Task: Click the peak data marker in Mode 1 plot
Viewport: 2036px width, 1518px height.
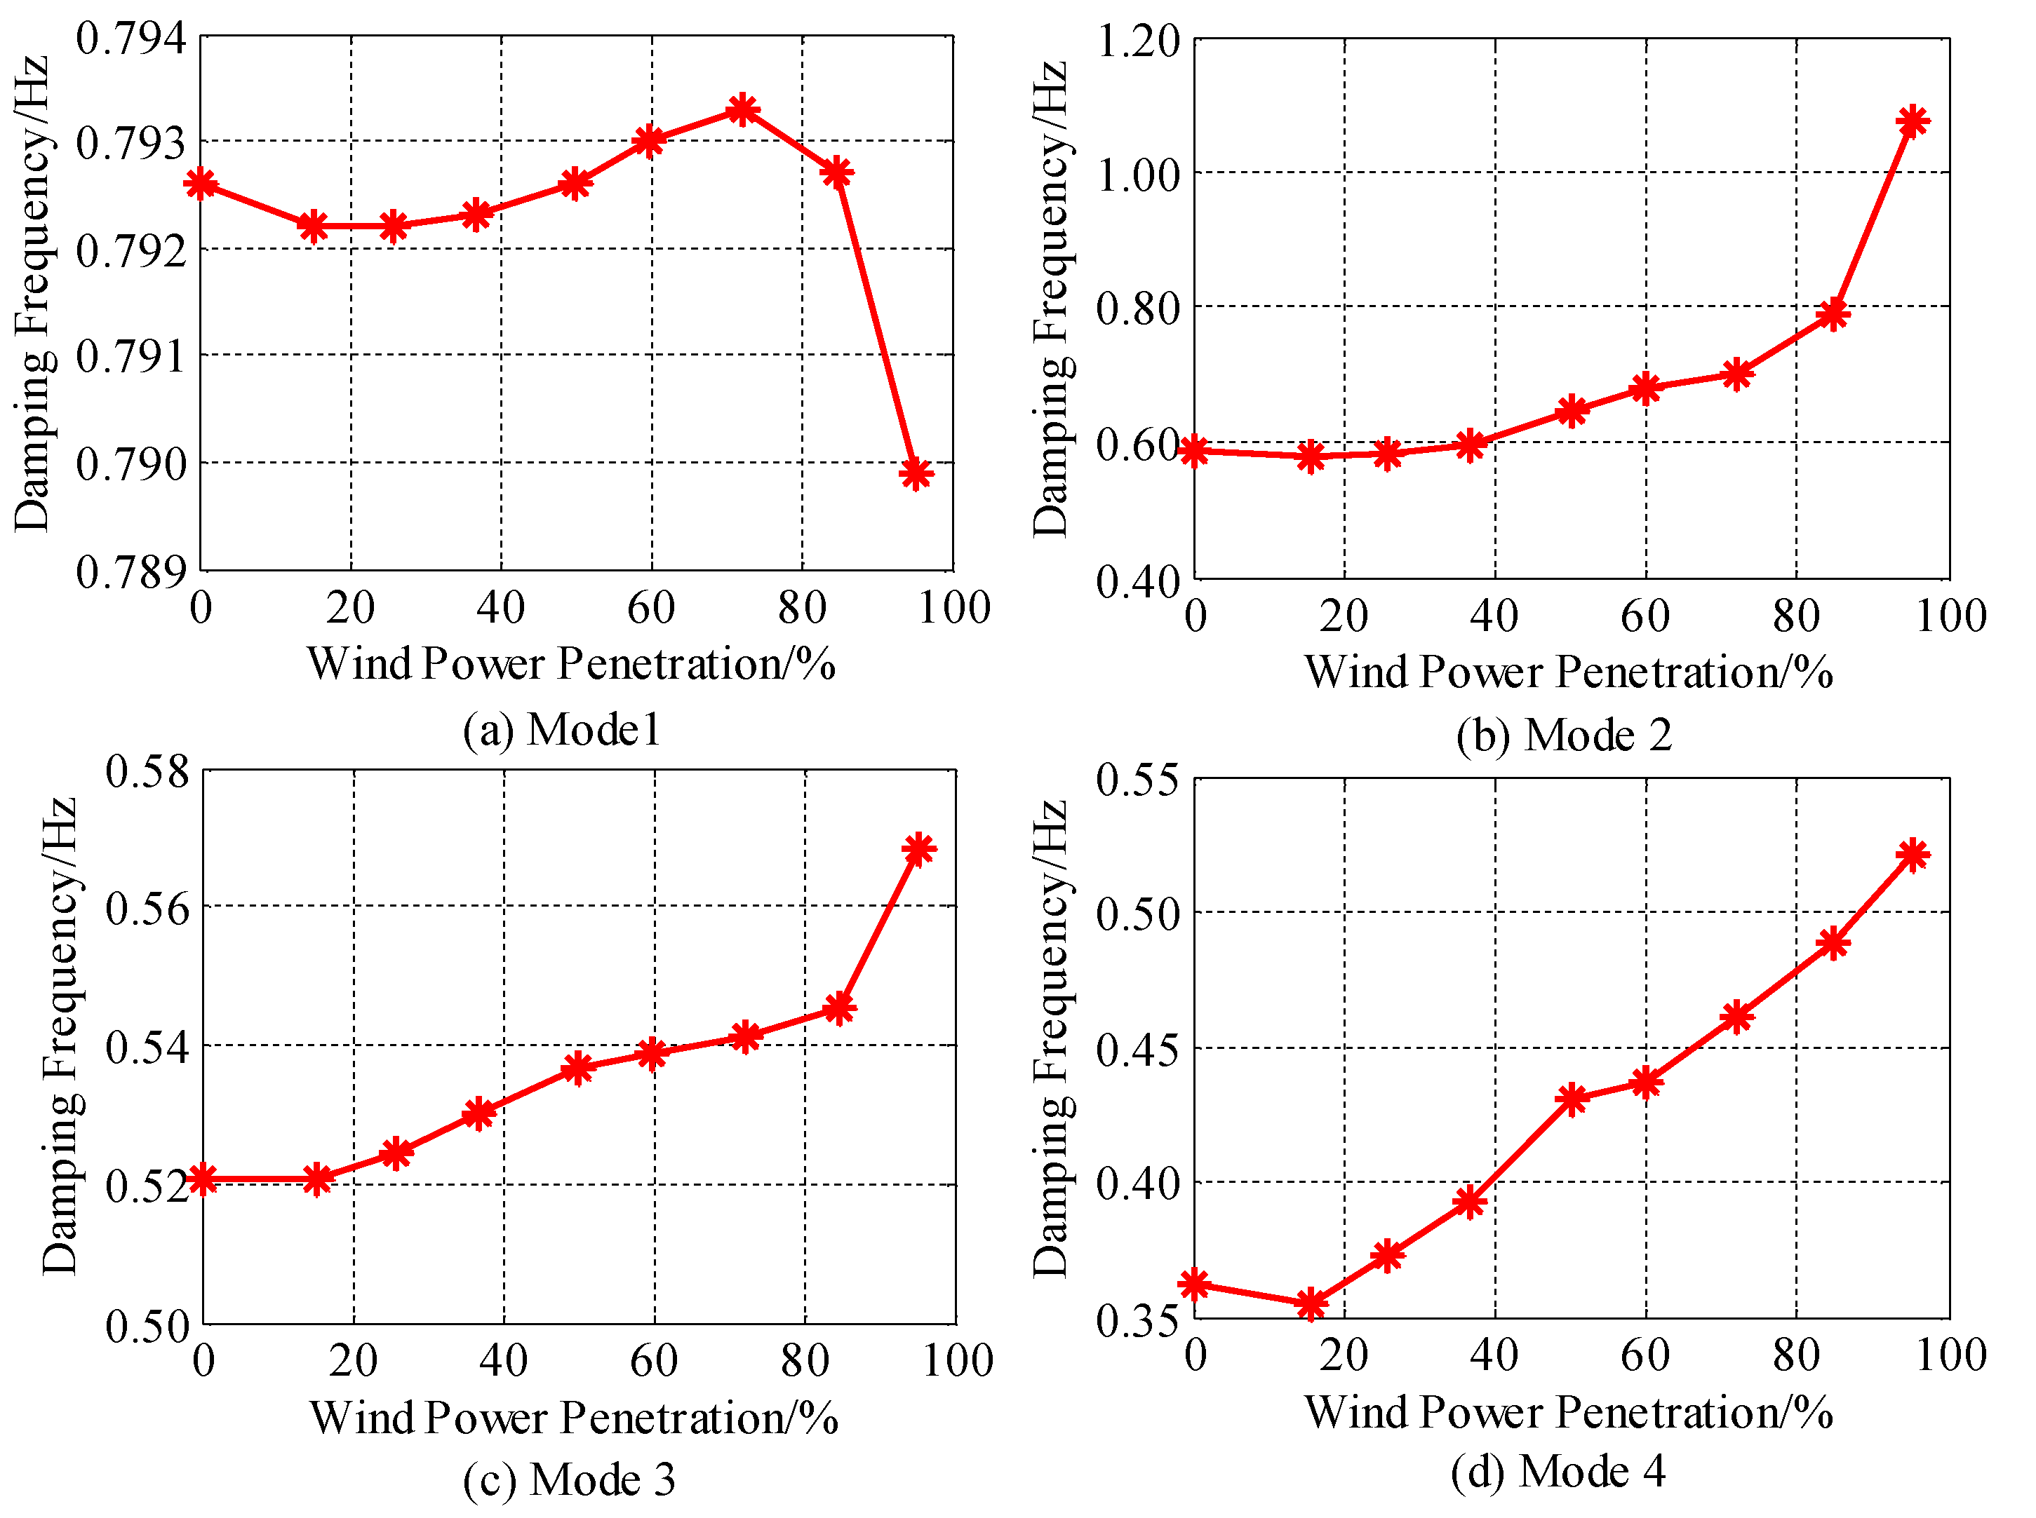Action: tap(742, 110)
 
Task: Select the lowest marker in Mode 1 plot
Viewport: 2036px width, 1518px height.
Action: tap(916, 473)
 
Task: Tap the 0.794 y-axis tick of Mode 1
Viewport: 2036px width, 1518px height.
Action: tap(130, 39)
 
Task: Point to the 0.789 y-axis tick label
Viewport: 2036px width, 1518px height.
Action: tap(130, 571)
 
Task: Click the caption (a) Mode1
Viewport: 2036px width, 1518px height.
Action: tap(562, 730)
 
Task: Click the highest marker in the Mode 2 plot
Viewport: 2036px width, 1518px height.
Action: tap(1913, 121)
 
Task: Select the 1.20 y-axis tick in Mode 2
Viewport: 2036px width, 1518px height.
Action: tap(1138, 41)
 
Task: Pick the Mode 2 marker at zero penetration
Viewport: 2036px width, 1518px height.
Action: tap(1194, 450)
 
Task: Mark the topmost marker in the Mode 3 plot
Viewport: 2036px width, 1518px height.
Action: tap(918, 849)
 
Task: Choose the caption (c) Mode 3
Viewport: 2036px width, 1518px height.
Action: tap(569, 1479)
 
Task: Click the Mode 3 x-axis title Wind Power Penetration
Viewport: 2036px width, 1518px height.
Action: tap(574, 1418)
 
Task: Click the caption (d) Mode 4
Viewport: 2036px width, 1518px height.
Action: tap(1558, 1471)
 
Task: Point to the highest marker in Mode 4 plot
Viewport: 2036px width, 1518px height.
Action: tap(1913, 855)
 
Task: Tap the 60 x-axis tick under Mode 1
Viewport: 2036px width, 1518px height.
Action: tap(651, 607)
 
